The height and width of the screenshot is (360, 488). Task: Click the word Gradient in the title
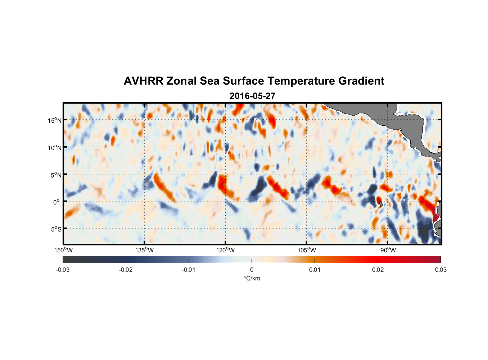coord(361,81)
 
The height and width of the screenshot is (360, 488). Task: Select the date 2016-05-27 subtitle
coord(252,96)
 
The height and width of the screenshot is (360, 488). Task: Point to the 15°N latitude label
coord(55,120)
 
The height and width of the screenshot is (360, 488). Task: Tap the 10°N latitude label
coord(55,148)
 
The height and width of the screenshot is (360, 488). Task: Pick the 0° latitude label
coord(57,202)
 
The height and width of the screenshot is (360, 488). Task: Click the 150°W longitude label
coord(63,250)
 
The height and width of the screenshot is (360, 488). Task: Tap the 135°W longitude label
coord(144,250)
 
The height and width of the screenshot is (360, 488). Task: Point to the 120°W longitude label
coord(225,250)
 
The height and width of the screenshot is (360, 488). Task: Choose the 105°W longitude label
coord(307,250)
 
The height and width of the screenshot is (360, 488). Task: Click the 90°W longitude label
coord(388,250)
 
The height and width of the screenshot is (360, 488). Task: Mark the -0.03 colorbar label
coord(63,270)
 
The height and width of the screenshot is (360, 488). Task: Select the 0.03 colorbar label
coord(440,270)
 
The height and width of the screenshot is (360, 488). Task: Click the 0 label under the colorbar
coord(252,270)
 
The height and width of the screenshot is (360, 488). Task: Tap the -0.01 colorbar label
coord(189,270)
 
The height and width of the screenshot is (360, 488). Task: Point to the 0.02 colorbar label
coord(378,270)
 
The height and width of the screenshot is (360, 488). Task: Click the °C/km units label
coord(252,278)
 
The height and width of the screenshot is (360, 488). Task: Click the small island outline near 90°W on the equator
coord(381,204)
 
